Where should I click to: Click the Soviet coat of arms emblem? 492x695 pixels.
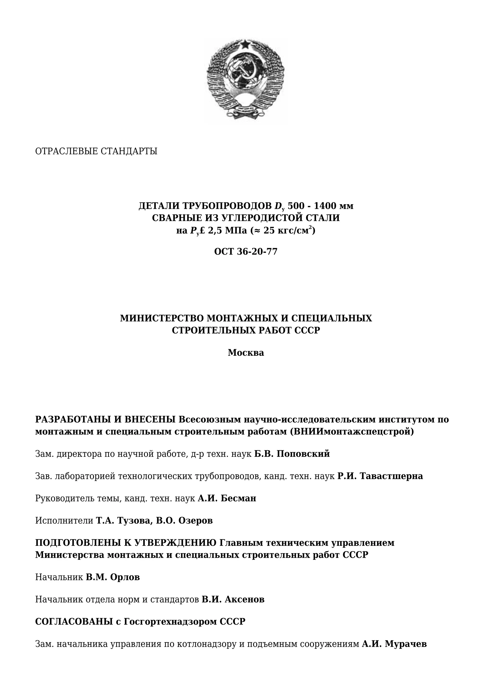point(245,81)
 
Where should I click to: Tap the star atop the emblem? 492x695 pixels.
point(245,45)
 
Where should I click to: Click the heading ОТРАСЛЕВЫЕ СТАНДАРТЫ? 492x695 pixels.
point(96,151)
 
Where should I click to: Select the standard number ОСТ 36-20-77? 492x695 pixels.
point(246,252)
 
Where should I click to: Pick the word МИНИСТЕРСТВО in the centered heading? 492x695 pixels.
point(162,318)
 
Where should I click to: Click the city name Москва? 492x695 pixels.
point(246,353)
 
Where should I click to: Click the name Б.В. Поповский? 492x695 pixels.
point(292,454)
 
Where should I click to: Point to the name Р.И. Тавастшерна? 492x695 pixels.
point(380,476)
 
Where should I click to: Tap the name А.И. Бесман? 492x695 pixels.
point(227,498)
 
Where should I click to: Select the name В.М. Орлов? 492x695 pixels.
point(113,577)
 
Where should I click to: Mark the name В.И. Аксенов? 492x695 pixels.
point(233,599)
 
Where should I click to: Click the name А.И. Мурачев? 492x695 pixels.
point(394,644)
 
